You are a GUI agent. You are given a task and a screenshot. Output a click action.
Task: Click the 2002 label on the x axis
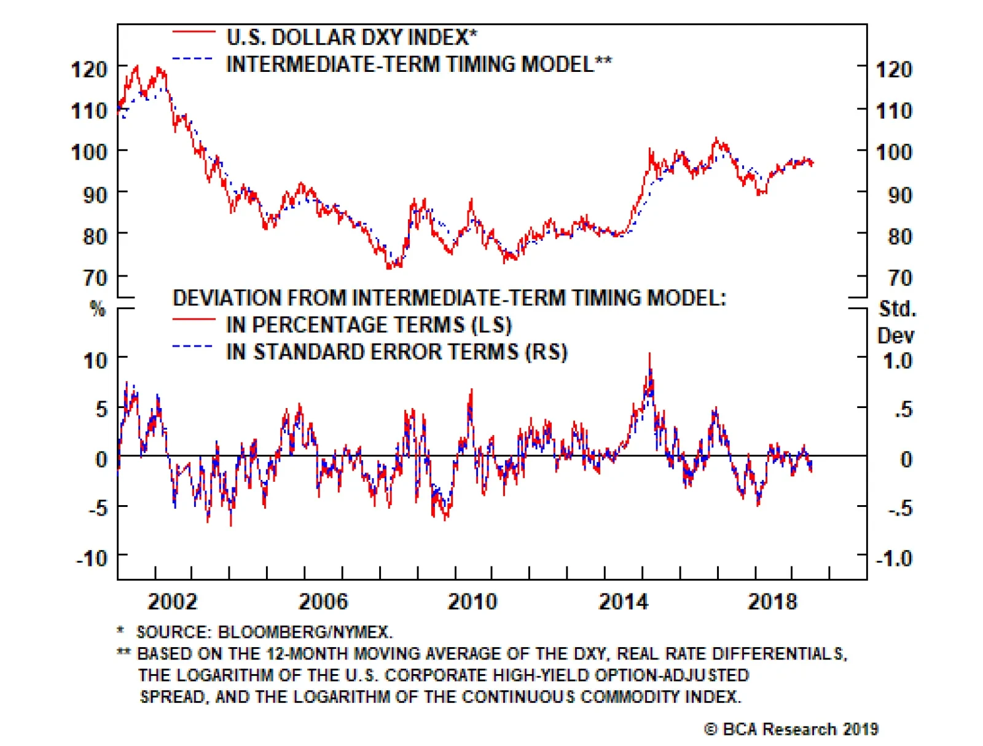click(x=172, y=601)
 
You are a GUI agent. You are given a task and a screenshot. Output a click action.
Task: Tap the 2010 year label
click(x=472, y=601)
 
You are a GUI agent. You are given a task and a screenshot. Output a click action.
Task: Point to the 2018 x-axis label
click(x=772, y=601)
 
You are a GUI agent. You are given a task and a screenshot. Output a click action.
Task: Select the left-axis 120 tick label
click(x=90, y=69)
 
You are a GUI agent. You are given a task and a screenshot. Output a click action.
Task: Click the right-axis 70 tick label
click(x=900, y=278)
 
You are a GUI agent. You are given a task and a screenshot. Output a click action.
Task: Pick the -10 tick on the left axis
click(x=92, y=559)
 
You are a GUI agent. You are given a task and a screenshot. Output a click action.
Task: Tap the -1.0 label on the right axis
click(x=894, y=559)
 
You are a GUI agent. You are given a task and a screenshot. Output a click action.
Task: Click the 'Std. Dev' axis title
click(x=896, y=322)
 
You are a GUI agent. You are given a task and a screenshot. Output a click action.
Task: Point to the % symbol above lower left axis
click(x=98, y=308)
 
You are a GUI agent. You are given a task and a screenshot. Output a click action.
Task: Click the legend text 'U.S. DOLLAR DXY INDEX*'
click(x=351, y=37)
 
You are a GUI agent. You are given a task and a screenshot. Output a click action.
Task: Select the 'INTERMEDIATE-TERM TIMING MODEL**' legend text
click(x=419, y=64)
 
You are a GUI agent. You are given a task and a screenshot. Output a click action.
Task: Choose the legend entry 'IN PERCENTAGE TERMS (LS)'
click(x=369, y=324)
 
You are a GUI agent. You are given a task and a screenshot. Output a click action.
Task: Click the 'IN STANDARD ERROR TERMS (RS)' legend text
click(x=396, y=351)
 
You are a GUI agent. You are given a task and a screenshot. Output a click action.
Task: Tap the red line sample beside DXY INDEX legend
click(x=194, y=31)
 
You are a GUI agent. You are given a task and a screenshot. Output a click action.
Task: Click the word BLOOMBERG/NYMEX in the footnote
click(x=305, y=632)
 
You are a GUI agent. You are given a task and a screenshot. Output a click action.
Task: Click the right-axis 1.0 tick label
click(x=897, y=361)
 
